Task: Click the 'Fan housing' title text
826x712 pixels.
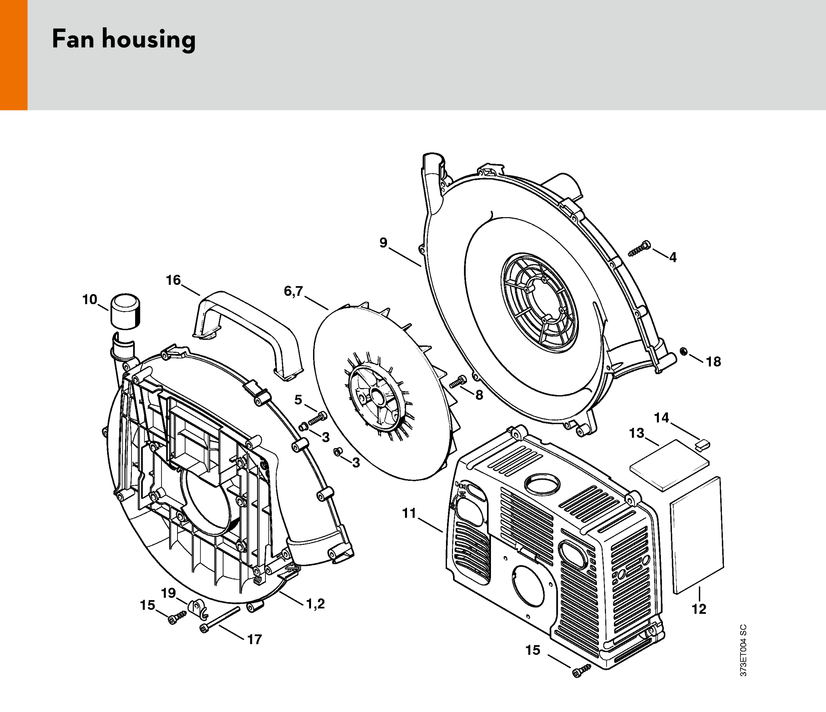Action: tap(124, 39)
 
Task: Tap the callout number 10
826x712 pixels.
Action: tap(90, 299)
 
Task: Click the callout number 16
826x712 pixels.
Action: tap(173, 280)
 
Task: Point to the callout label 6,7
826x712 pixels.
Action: tap(293, 291)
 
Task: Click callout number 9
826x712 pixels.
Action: tap(383, 242)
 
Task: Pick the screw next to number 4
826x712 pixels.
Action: tap(640, 248)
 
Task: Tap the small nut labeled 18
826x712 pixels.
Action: tap(684, 352)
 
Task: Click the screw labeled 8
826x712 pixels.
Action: tap(458, 382)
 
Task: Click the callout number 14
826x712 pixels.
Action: tap(661, 418)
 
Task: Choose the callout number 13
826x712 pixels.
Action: tap(636, 433)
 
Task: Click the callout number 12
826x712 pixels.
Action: tap(699, 609)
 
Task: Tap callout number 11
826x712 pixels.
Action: tap(409, 513)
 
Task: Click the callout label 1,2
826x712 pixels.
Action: tap(315, 604)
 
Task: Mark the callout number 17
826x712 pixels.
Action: tap(254, 639)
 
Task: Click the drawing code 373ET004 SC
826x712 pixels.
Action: tap(743, 650)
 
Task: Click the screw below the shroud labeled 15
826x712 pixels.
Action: tap(581, 671)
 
